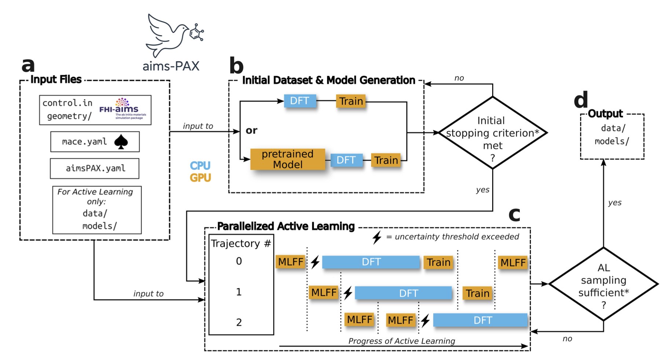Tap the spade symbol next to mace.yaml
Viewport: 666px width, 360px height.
tap(121, 142)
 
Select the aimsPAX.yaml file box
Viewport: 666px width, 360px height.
tap(95, 168)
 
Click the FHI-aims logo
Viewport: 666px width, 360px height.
tap(122, 108)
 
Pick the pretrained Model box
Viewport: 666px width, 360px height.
tap(288, 159)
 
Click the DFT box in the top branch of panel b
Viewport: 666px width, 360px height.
tap(300, 101)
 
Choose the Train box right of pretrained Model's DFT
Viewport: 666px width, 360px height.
tap(386, 160)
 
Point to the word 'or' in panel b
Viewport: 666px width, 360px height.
tap(251, 131)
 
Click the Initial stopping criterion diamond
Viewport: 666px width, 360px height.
tap(493, 133)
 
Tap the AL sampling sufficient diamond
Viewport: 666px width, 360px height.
tap(603, 284)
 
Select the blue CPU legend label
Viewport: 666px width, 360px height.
tap(200, 166)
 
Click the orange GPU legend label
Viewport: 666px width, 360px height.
tap(200, 178)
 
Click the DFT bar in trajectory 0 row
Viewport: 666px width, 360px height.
tap(371, 262)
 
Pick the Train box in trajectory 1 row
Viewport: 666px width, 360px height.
tap(477, 293)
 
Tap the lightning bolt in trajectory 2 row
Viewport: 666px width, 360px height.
tap(425, 320)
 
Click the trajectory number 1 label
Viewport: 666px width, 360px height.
tap(239, 292)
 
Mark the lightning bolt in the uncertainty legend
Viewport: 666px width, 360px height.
tap(377, 237)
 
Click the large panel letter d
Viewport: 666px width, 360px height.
tap(581, 100)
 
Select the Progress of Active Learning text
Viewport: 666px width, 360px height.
tap(401, 341)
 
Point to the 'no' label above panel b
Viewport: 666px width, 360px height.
tap(459, 78)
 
